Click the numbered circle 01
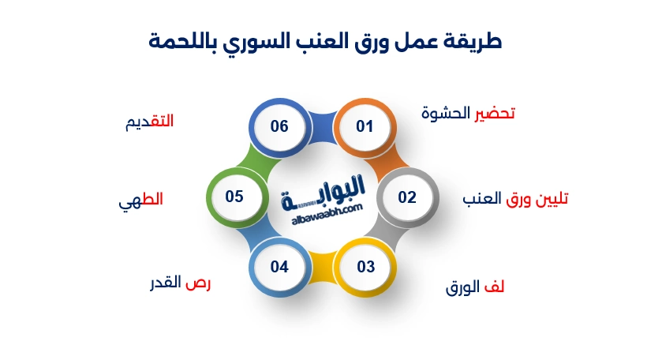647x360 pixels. pos(364,126)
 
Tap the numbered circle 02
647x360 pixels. pos(406,197)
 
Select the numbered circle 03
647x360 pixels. pos(365,267)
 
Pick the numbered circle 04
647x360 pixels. pos(279,267)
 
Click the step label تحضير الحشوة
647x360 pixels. pos(468,113)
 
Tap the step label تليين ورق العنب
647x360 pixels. pos(515,199)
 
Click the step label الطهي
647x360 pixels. pos(141,200)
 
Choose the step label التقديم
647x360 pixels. pos(149,122)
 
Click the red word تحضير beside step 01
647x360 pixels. pos(495,113)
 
